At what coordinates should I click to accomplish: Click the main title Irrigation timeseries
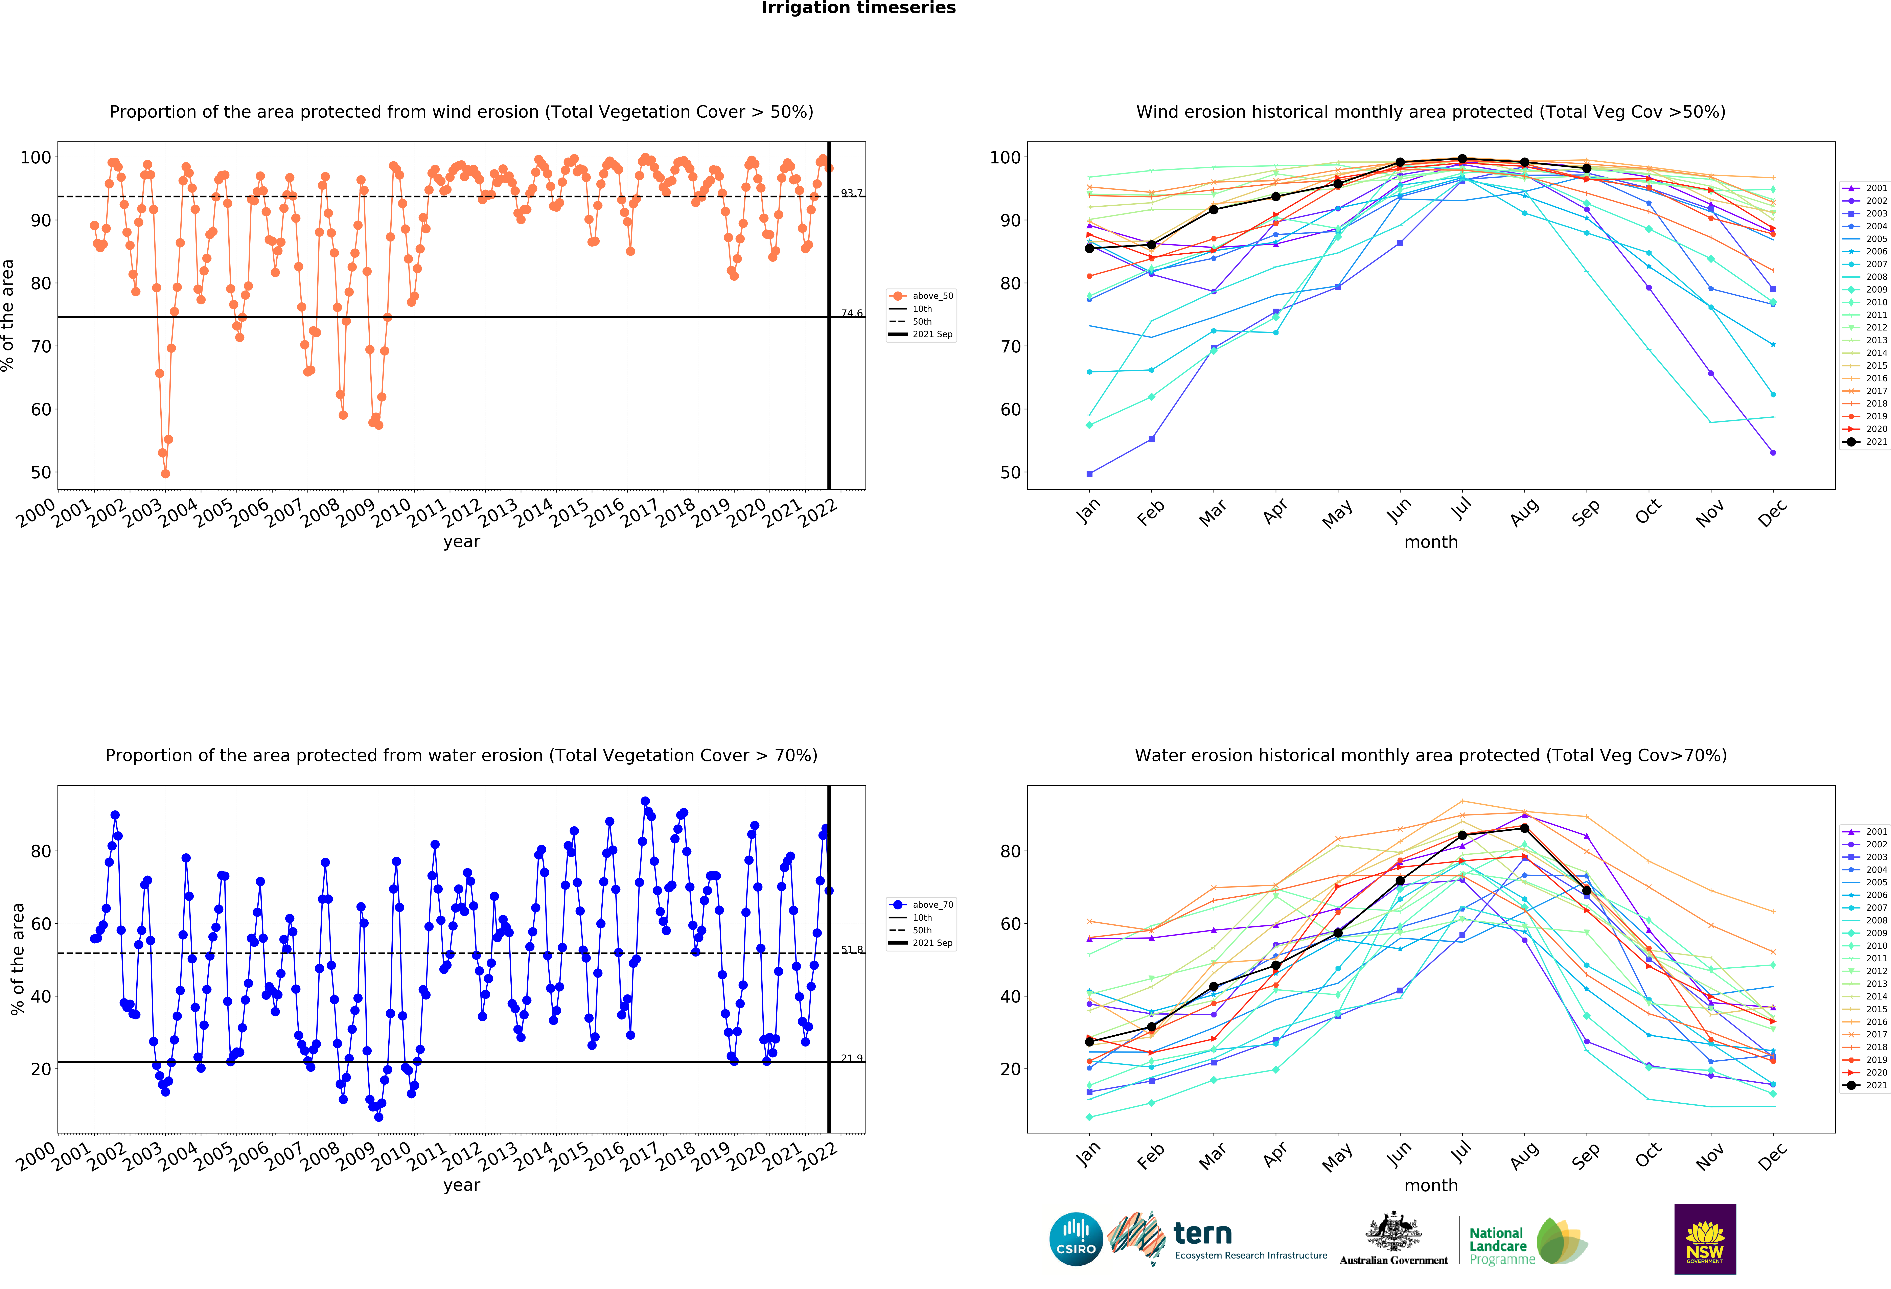coord(858,8)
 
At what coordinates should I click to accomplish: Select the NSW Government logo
coord(1705,1239)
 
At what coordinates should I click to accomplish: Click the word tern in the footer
coord(1203,1234)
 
